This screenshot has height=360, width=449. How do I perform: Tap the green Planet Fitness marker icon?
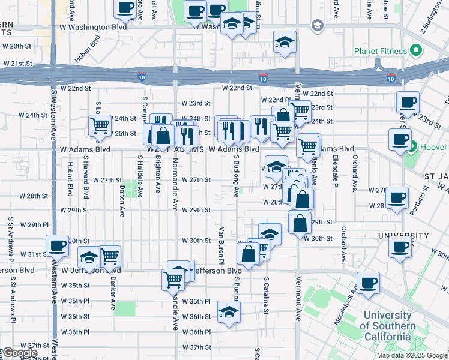pyautogui.click(x=414, y=51)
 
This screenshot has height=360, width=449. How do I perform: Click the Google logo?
pyautogui.click(x=20, y=353)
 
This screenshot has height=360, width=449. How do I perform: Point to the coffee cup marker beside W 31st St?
pyautogui.click(x=58, y=246)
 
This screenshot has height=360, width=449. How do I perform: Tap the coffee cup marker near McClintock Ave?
pyautogui.click(x=369, y=283)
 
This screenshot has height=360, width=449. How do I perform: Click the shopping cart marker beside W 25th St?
pyautogui.click(x=100, y=126)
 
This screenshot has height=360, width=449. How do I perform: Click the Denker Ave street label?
pyautogui.click(x=113, y=293)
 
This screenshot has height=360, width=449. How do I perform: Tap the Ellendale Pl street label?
pyautogui.click(x=334, y=170)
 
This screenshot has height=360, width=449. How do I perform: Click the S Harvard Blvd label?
pyautogui.click(x=86, y=180)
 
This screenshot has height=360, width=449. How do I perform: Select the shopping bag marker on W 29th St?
pyautogui.click(x=300, y=222)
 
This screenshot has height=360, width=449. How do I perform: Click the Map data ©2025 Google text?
pyautogui.click(x=412, y=355)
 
